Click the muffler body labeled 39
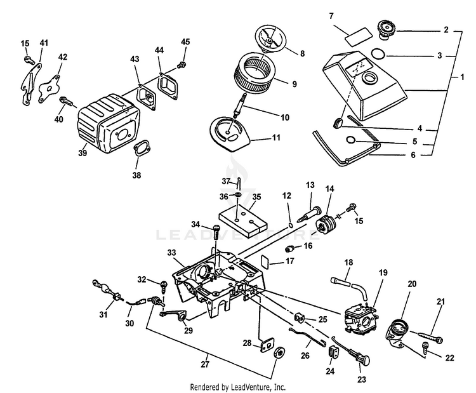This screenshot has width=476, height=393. point(105,124)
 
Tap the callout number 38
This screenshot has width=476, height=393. point(137,175)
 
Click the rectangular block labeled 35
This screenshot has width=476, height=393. point(244,216)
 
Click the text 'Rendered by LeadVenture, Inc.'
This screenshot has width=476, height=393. point(238,386)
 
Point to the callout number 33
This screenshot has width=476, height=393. point(172,253)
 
